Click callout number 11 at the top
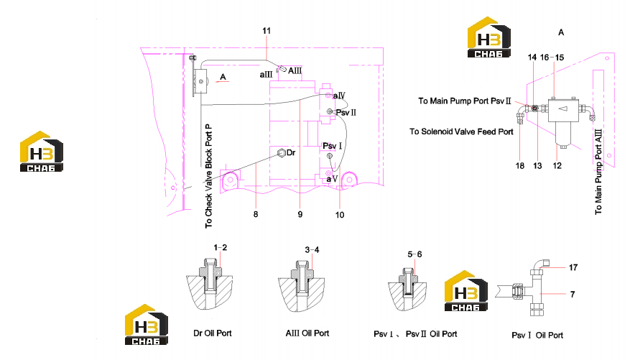click(x=267, y=31)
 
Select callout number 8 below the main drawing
click(x=256, y=214)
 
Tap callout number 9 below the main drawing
click(x=300, y=215)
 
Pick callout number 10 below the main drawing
click(x=340, y=215)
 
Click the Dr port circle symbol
click(x=282, y=152)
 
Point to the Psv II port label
click(x=346, y=113)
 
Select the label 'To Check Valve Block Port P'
click(x=208, y=176)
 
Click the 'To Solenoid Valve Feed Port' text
click(x=461, y=131)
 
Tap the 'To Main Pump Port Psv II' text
click(x=465, y=101)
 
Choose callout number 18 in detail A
click(x=520, y=166)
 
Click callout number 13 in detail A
click(x=537, y=166)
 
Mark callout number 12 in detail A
click(x=557, y=165)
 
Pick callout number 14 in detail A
click(x=532, y=57)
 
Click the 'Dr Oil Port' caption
click(x=213, y=333)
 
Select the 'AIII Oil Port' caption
click(x=307, y=333)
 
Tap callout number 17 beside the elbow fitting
click(x=573, y=267)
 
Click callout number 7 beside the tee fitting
click(x=573, y=295)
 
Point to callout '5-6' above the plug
click(x=414, y=254)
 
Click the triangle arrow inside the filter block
click(x=563, y=109)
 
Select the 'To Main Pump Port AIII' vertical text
click(x=598, y=172)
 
